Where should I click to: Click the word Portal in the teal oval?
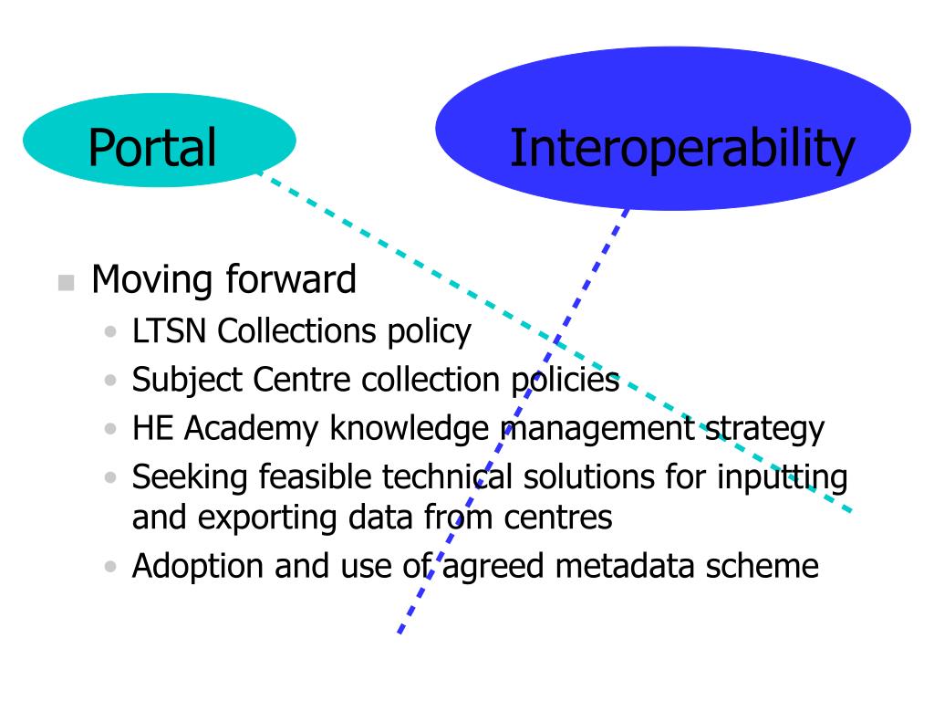(x=151, y=148)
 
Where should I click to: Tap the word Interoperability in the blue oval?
(x=681, y=149)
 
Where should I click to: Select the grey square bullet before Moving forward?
(x=65, y=283)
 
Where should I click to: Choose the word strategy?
(x=765, y=429)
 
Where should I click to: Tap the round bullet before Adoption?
(x=112, y=567)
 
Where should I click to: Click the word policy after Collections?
(x=428, y=332)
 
